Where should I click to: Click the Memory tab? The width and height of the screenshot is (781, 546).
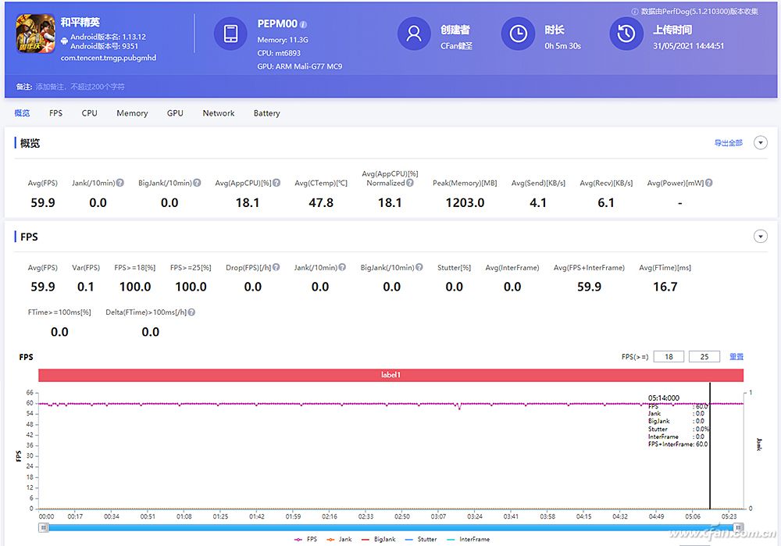tap(132, 113)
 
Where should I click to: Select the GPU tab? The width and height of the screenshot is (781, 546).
tap(175, 113)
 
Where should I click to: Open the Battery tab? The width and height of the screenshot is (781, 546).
tap(266, 113)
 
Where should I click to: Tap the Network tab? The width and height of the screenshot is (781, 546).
tap(219, 113)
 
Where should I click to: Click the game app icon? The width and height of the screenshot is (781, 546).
tap(36, 34)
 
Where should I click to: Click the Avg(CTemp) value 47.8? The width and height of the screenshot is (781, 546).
tap(321, 203)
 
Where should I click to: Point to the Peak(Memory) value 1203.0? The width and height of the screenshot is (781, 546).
tap(465, 203)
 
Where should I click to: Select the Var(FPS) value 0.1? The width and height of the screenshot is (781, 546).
tap(86, 287)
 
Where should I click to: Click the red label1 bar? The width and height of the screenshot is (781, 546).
tap(390, 375)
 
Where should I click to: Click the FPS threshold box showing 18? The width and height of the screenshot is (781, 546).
tap(669, 357)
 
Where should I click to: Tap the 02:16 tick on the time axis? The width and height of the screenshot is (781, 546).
tap(330, 516)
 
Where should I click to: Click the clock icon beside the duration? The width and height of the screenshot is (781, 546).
tap(518, 34)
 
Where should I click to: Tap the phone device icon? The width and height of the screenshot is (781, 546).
tap(230, 34)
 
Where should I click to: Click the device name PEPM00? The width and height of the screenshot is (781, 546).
tap(276, 24)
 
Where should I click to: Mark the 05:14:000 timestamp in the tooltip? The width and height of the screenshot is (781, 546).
tap(664, 398)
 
